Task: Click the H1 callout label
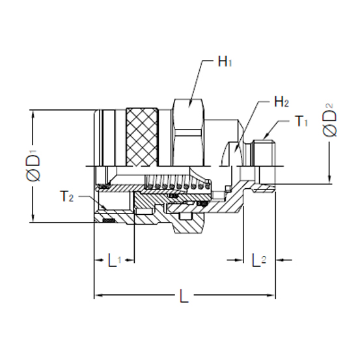coord(225,64)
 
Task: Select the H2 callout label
coord(282,102)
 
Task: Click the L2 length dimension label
coord(258,260)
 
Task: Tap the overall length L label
coord(184,298)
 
